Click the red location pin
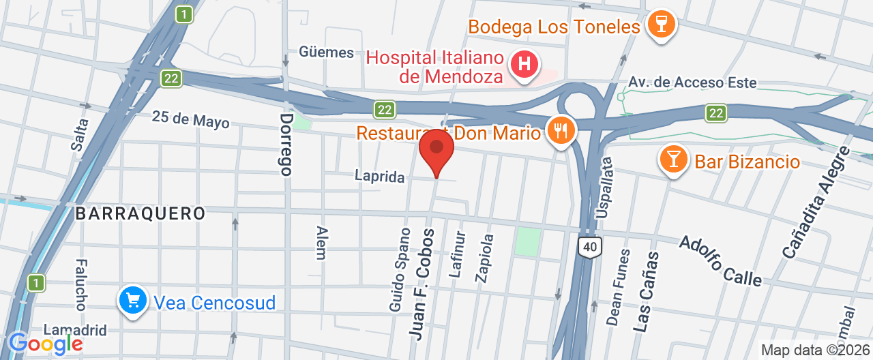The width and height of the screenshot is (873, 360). [436, 149]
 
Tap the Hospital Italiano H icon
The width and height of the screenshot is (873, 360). [524, 65]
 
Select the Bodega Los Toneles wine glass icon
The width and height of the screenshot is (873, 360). [660, 25]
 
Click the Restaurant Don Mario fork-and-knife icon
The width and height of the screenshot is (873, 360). [561, 130]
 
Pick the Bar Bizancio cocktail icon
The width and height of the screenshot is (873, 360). [673, 160]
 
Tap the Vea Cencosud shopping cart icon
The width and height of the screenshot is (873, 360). [132, 300]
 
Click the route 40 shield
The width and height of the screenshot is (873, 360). [590, 247]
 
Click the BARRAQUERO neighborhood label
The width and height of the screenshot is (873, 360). [140, 213]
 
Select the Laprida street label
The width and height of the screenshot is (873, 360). [379, 177]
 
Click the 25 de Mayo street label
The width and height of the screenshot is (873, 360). [191, 120]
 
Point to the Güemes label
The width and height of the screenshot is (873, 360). [326, 52]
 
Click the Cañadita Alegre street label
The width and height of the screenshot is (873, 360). [816, 202]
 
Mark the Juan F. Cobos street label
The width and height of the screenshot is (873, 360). [421, 283]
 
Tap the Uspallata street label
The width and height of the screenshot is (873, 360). [605, 188]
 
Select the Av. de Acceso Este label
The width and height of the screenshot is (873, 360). [692, 82]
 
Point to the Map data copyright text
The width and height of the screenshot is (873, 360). [815, 350]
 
